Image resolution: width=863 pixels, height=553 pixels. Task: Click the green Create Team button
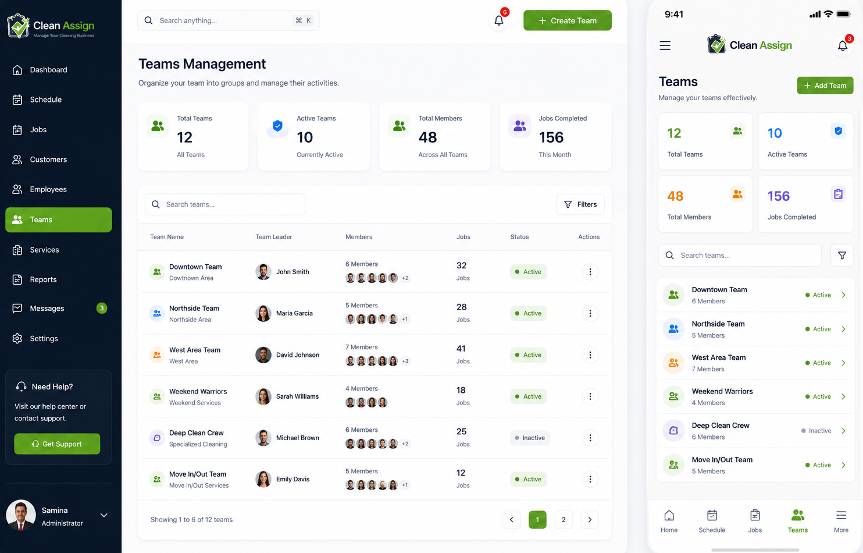[x=567, y=20]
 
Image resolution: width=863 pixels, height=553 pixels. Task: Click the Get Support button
[x=57, y=444]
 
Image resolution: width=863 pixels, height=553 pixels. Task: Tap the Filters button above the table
[x=580, y=204]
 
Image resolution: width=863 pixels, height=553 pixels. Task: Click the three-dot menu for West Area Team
[x=590, y=355]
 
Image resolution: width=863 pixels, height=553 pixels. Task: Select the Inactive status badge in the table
[x=530, y=438]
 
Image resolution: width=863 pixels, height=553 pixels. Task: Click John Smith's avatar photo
[x=263, y=271]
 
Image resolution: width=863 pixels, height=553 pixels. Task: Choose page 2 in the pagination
[x=564, y=519]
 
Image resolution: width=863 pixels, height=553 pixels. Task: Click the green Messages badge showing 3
[x=102, y=308]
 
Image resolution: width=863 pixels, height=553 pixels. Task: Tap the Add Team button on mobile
[x=825, y=85]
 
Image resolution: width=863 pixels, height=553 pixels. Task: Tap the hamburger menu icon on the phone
[x=665, y=45]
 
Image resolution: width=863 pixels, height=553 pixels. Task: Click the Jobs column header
[x=463, y=237]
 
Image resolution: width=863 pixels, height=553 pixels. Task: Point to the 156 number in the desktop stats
[x=551, y=137]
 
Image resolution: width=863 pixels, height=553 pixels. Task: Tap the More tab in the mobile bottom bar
[x=841, y=521]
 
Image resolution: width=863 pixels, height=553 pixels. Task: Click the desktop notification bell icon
[x=499, y=20]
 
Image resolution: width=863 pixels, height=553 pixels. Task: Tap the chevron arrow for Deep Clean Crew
[x=843, y=430]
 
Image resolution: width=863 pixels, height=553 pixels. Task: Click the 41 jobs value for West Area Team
[x=461, y=349]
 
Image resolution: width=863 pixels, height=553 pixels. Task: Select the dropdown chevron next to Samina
[x=104, y=515]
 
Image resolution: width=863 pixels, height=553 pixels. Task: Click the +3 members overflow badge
[x=405, y=361]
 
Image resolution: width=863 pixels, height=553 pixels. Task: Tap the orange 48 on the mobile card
[x=675, y=196]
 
